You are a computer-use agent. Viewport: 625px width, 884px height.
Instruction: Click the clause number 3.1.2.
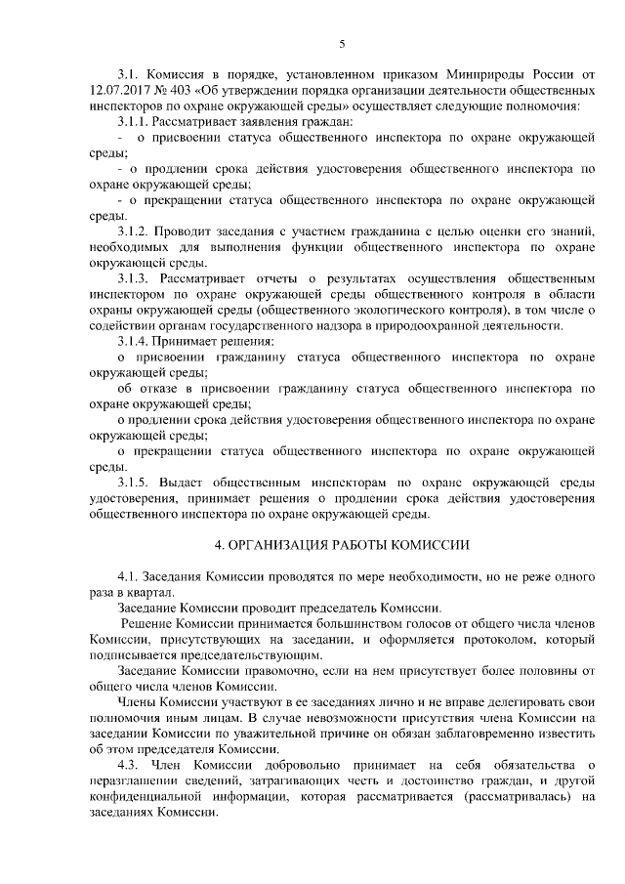[134, 232]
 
